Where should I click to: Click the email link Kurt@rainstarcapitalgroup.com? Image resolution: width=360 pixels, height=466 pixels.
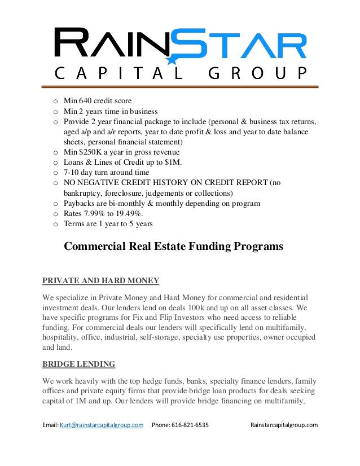101,425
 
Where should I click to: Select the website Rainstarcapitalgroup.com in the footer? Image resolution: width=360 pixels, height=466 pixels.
284,425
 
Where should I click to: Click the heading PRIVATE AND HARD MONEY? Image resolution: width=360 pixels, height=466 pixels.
101,280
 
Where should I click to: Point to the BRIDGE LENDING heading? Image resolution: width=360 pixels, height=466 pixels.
79,363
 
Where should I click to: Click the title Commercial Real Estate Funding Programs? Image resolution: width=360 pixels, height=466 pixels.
173,247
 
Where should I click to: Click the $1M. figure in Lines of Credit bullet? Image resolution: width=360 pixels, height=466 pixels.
178,162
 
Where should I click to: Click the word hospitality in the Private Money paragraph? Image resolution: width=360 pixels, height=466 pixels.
60,337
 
